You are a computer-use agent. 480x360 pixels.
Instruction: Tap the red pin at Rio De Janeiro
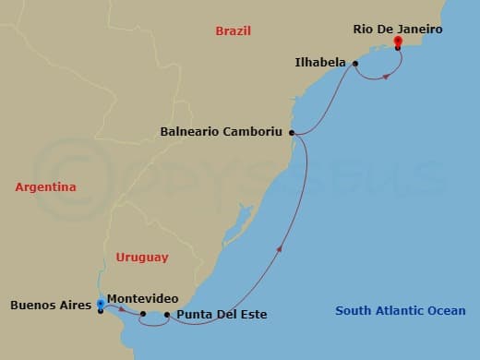tap(398, 42)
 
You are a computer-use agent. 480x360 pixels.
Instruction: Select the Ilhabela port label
tap(321, 63)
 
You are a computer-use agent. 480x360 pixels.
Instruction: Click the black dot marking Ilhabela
tap(355, 64)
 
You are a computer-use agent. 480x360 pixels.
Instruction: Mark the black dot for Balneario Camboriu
tap(292, 133)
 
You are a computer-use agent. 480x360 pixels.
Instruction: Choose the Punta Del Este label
tap(222, 315)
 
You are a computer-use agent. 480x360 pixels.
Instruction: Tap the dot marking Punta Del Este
tap(167, 315)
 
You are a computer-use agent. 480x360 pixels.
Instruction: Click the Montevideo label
tap(142, 298)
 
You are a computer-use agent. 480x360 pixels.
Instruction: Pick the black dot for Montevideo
tap(143, 314)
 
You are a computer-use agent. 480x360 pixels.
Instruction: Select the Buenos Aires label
tap(51, 304)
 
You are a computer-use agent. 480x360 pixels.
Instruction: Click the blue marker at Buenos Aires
tap(100, 303)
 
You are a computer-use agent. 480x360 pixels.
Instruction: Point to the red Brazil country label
tap(234, 30)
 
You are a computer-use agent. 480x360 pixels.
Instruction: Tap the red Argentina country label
tap(45, 187)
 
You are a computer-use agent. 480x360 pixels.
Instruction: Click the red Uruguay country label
tap(141, 258)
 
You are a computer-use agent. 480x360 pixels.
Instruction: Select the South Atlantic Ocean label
tap(400, 311)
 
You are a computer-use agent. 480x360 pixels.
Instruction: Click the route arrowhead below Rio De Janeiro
tap(385, 75)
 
